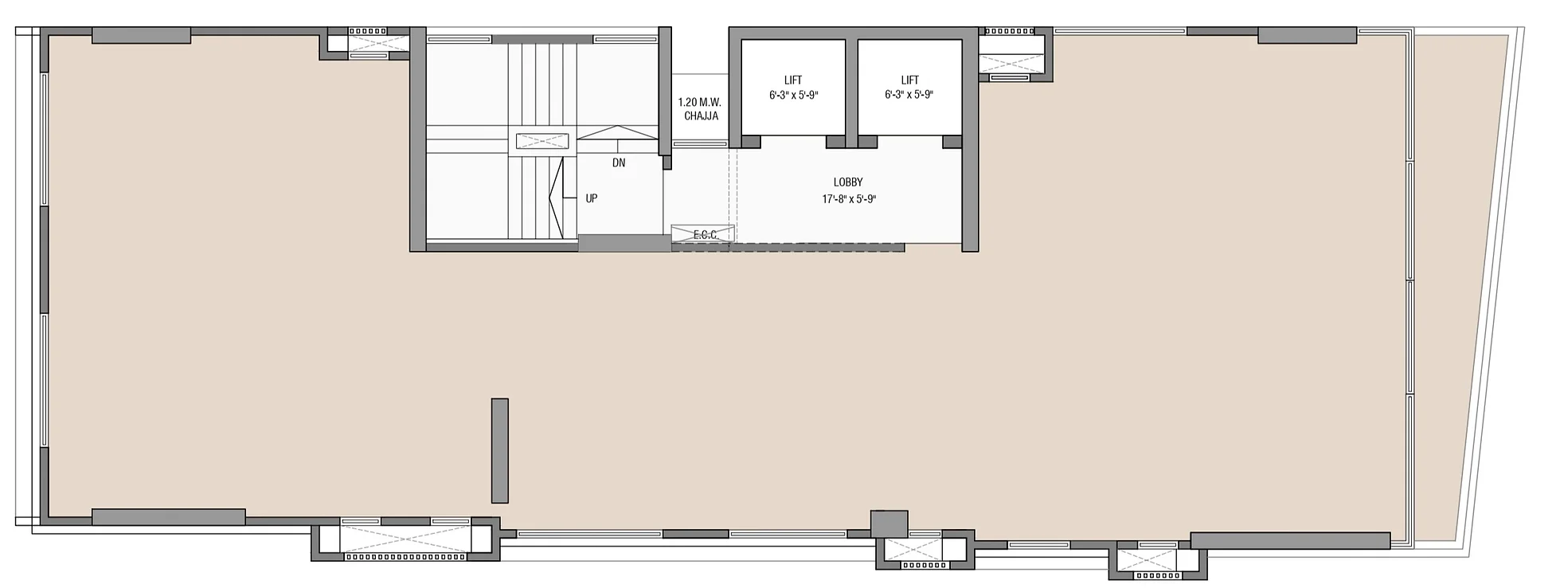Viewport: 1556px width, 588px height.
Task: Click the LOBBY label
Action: (848, 182)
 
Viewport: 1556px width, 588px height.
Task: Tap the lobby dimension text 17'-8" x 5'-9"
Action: (849, 199)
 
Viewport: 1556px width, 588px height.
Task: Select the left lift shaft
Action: (793, 88)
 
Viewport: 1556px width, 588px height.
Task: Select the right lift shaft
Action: (909, 88)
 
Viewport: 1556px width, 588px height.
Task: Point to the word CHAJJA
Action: (701, 116)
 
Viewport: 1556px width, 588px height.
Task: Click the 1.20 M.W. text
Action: (699, 103)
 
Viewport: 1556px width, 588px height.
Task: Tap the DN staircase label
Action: (619, 163)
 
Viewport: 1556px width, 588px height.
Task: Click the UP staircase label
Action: (592, 198)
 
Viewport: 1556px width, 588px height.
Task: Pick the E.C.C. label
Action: (706, 235)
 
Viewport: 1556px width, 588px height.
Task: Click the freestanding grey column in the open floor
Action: (500, 450)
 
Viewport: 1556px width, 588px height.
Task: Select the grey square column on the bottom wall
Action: (889, 523)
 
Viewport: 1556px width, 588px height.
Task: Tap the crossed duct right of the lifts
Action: (1011, 54)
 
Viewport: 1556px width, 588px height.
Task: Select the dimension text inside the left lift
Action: (793, 95)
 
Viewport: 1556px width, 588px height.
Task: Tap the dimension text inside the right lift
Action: (909, 95)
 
